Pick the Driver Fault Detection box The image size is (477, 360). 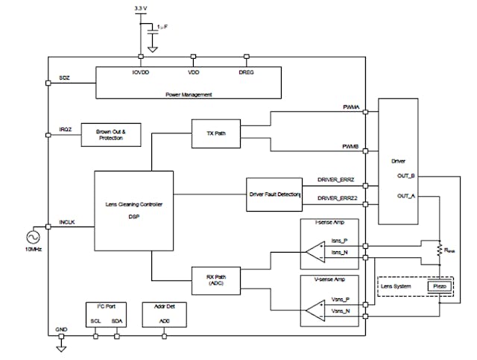click(274, 195)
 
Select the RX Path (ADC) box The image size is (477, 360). click(215, 280)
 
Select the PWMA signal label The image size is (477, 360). click(350, 109)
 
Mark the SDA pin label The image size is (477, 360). click(117, 322)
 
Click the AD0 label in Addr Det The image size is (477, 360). click(164, 322)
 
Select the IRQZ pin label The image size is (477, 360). click(65, 130)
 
